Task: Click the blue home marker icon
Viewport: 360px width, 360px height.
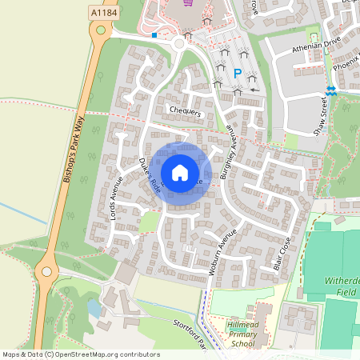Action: click(x=180, y=172)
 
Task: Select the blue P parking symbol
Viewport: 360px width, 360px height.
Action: click(x=237, y=74)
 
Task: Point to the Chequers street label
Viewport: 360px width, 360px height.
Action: click(x=185, y=111)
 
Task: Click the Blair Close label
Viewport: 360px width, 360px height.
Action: click(x=281, y=254)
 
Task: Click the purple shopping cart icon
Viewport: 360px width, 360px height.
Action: click(x=187, y=2)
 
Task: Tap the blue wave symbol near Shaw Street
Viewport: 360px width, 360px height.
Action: click(x=331, y=90)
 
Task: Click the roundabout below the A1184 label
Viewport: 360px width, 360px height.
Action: click(x=99, y=31)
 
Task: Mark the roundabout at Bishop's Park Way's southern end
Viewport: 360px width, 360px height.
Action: click(x=46, y=274)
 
